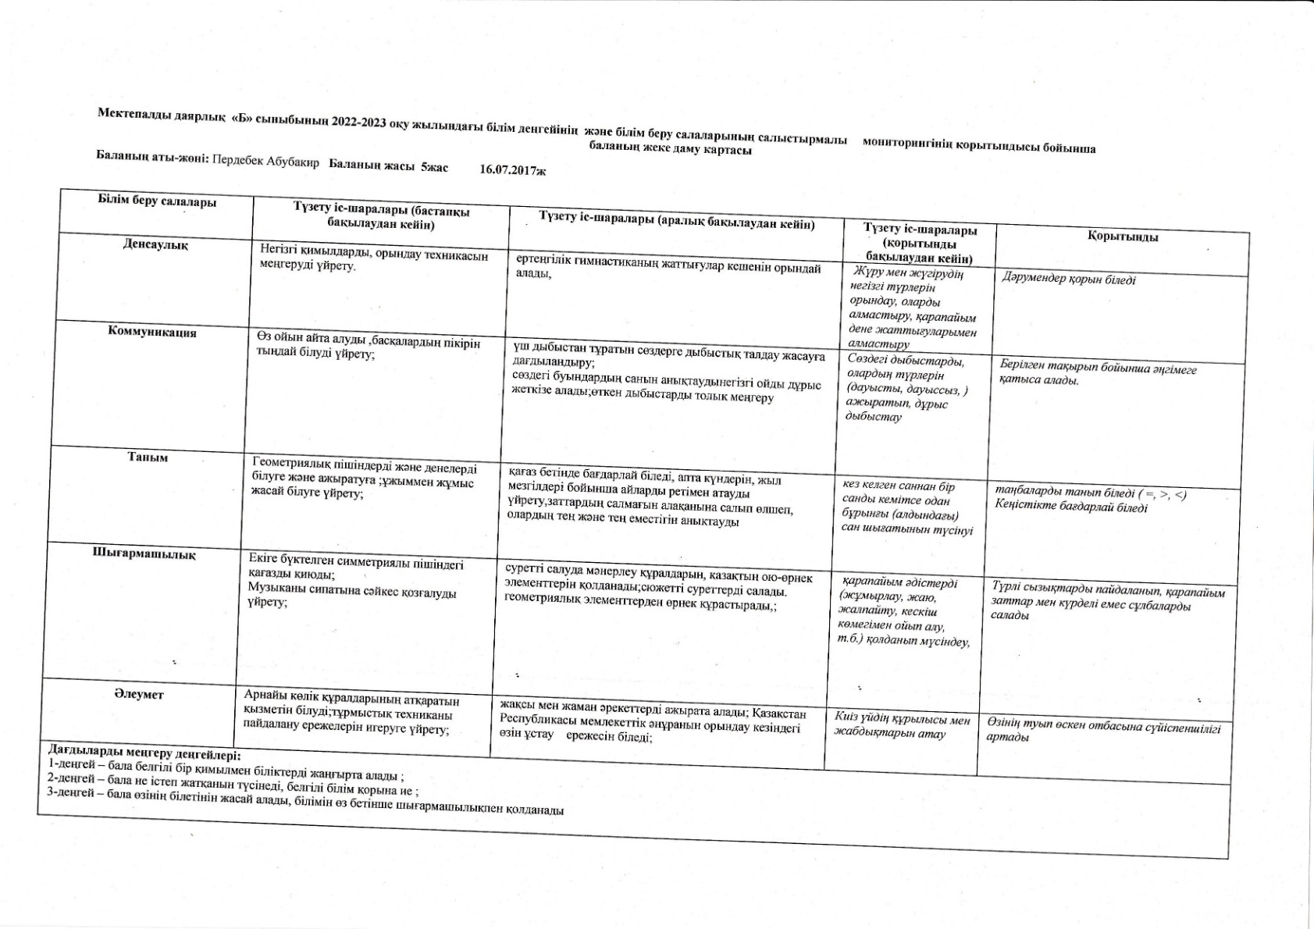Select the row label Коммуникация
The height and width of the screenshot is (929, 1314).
coord(152,333)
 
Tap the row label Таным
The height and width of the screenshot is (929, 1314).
coord(148,457)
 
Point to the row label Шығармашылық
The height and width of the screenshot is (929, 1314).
coord(144,553)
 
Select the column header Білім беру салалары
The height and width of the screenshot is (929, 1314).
coord(157,201)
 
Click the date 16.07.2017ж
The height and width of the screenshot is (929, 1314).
coord(513,169)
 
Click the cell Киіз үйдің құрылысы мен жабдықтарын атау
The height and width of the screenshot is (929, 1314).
coord(901,725)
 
